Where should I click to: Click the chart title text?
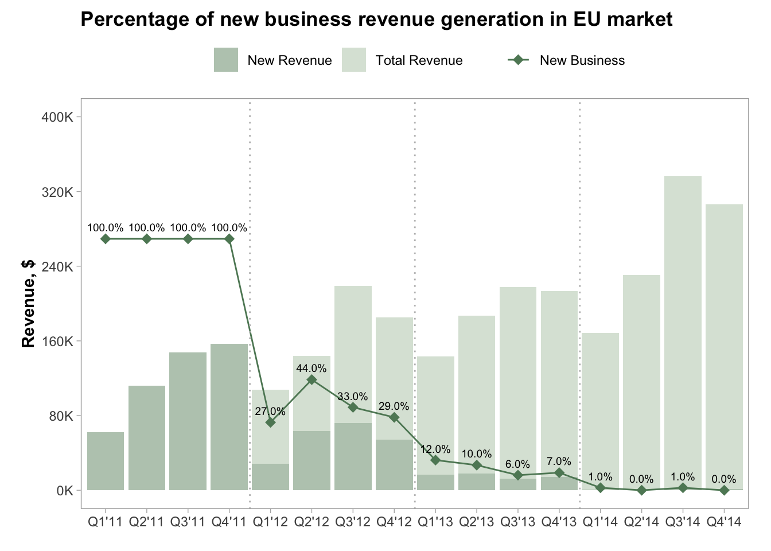(376, 20)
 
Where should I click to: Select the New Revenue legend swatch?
(225, 60)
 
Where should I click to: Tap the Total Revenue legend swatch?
(353, 60)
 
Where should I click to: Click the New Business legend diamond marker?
(519, 60)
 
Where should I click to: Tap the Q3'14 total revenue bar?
(683, 333)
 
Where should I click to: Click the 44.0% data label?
(311, 368)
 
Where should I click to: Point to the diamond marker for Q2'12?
(311, 379)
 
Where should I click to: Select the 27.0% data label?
(270, 412)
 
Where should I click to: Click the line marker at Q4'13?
(559, 472)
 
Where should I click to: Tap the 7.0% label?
(559, 461)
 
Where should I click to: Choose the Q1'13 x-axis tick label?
(435, 522)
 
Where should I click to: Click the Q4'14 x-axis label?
(724, 522)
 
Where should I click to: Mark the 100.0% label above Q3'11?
(188, 228)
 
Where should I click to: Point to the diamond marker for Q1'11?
(106, 239)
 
